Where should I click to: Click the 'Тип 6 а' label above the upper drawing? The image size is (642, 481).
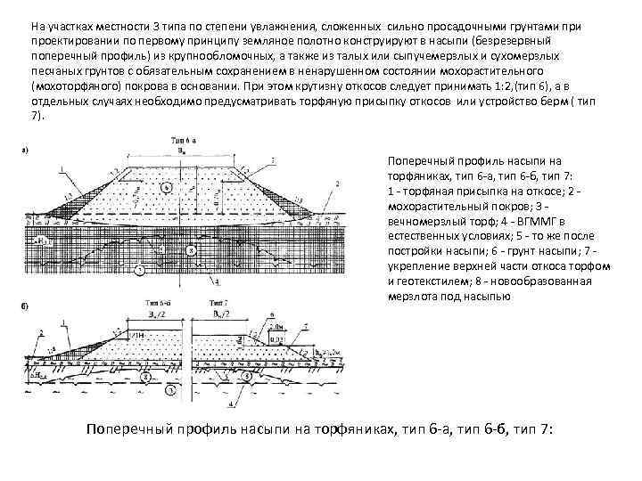[x=184, y=140]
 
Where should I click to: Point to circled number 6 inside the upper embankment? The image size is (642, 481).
[x=168, y=189]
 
